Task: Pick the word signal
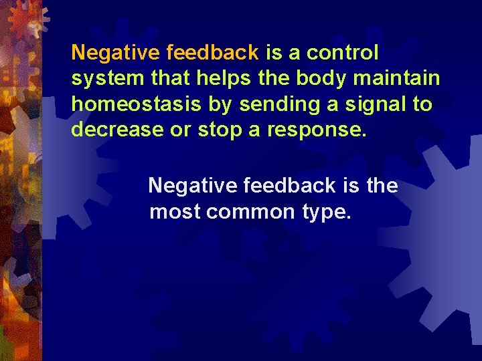point(365,105)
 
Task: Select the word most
point(175,212)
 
